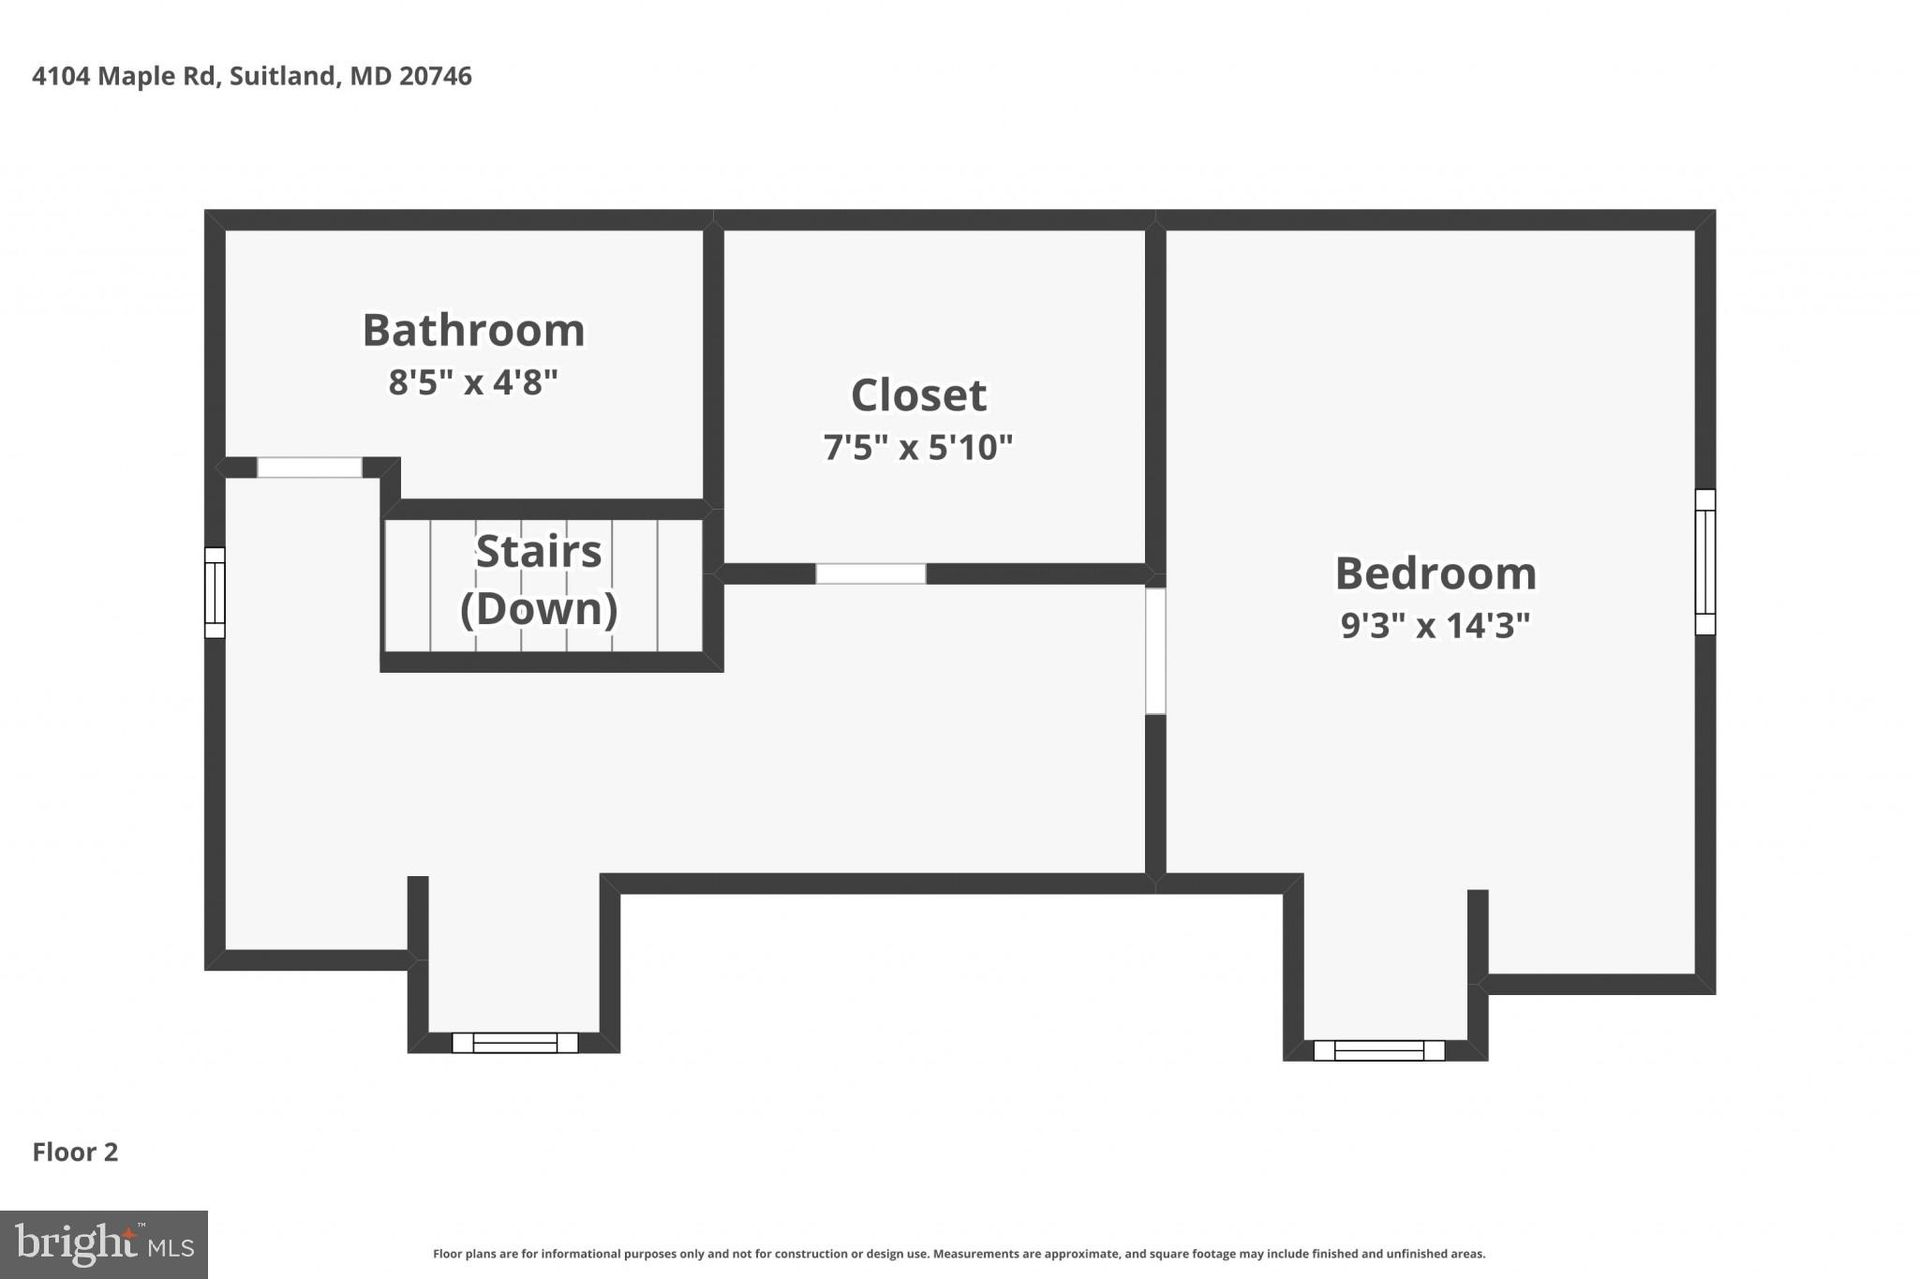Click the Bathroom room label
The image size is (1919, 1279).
click(473, 331)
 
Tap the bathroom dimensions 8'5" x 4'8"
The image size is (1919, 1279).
click(473, 382)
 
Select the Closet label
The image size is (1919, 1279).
click(918, 395)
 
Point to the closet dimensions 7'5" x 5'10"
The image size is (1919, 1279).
click(918, 447)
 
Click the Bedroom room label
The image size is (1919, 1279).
click(1436, 573)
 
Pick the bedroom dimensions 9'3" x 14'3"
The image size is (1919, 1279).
click(1436, 625)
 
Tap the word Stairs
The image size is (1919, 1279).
click(539, 551)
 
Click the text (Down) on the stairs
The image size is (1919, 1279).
click(539, 608)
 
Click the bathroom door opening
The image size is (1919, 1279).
click(309, 468)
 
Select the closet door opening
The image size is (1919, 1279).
click(870, 573)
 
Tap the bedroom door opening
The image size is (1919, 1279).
click(1155, 650)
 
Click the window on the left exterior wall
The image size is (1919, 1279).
click(215, 592)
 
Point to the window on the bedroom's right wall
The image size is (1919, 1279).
click(1705, 562)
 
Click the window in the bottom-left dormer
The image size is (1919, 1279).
click(514, 1043)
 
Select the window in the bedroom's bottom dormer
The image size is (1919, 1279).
click(1378, 1050)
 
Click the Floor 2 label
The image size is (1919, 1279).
click(75, 1152)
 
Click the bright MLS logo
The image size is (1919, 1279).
click(104, 1244)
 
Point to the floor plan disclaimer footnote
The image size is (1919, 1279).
click(959, 1254)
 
